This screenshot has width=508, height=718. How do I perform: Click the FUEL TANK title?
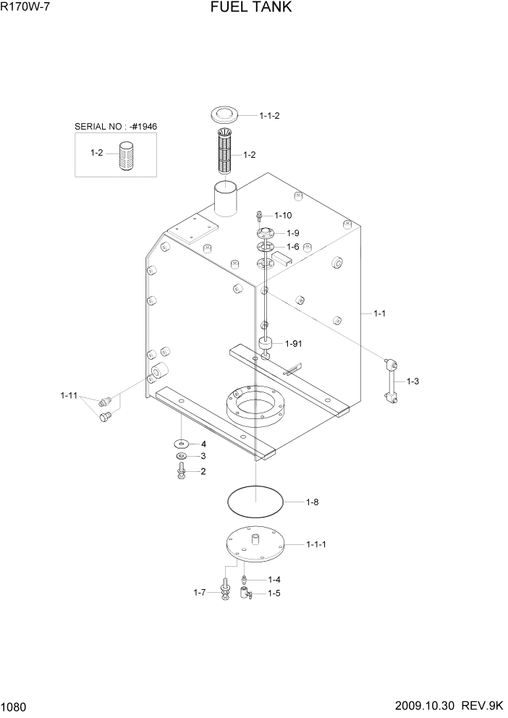pos(251,8)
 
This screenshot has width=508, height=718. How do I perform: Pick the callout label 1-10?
pos(283,216)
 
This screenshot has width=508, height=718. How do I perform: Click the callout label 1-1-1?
pos(316,544)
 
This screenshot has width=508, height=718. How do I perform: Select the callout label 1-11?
pos(69,395)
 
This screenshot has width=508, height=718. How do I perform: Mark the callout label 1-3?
pos(413,381)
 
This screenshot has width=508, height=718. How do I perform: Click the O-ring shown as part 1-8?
pos(253,501)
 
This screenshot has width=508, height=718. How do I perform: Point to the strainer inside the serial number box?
pos(126,156)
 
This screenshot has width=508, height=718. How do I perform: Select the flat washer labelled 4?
pos(181,444)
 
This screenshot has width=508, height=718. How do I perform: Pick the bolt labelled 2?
pos(181,472)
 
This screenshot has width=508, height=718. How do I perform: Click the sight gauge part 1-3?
pos(391,379)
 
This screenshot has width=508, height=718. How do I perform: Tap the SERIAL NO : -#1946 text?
pos(116,127)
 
